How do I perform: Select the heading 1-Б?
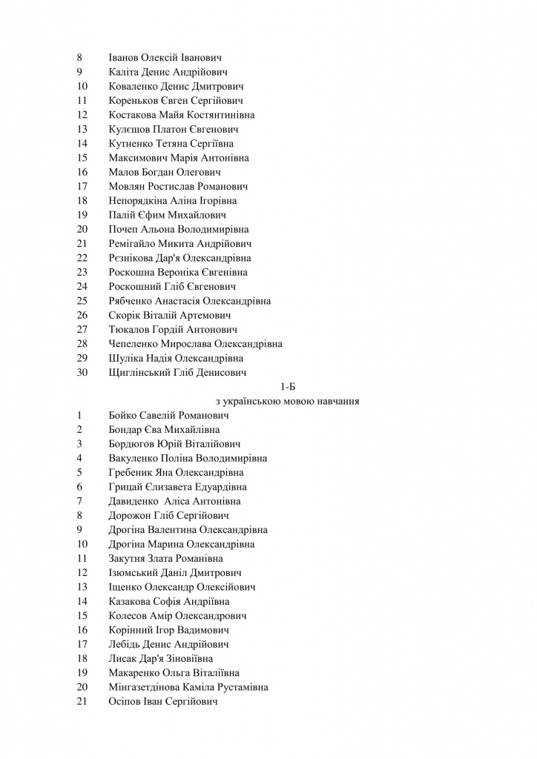pos(289,387)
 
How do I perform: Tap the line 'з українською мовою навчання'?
pos(289,401)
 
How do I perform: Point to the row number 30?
pos(82,372)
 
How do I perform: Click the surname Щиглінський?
pos(142,372)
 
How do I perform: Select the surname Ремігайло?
pos(134,244)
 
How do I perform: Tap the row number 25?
pos(82,301)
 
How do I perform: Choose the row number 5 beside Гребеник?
pos(79,472)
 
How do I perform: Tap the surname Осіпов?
pos(125,701)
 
